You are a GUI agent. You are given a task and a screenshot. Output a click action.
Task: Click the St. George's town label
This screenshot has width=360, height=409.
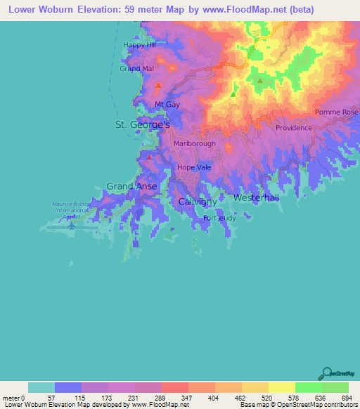point(143,124)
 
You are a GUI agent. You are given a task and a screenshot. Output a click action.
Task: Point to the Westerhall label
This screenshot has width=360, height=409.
point(256,198)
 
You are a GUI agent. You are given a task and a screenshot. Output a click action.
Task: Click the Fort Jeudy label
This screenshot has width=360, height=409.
point(219,218)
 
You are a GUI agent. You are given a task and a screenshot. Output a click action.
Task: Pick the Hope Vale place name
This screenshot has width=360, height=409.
point(194,167)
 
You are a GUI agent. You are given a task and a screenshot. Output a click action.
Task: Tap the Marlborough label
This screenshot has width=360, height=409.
point(194,143)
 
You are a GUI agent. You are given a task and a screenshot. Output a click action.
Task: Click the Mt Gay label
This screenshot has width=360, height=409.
point(168,105)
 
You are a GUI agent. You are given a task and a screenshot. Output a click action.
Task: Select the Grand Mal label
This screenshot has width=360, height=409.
point(136,69)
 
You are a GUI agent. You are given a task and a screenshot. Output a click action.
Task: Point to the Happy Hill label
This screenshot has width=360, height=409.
point(139,45)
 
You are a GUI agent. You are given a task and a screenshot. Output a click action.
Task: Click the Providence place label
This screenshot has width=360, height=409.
point(293,128)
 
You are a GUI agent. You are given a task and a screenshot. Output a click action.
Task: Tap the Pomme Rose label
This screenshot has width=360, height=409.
point(336,112)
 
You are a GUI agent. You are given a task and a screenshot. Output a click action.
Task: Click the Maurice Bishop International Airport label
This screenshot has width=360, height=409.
point(72,209)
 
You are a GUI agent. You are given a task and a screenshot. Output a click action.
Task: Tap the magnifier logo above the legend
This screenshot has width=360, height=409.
point(326,373)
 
